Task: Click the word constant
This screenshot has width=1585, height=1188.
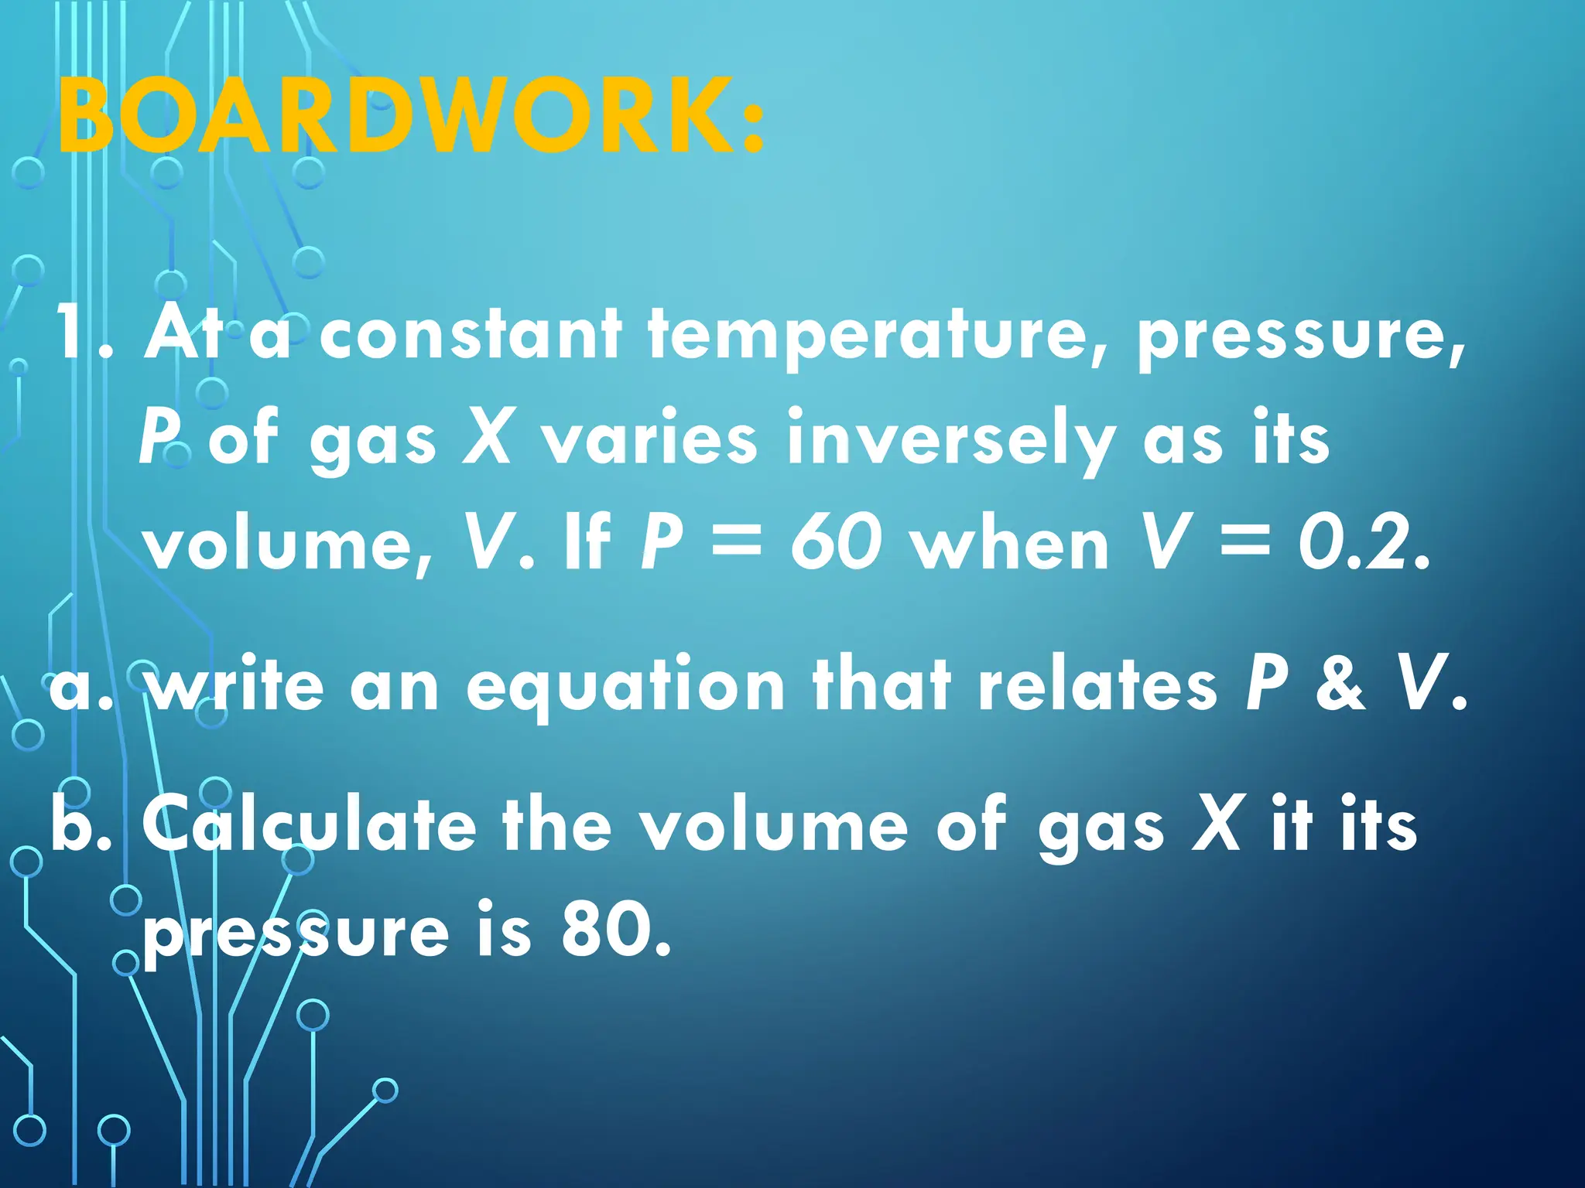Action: pos(471,334)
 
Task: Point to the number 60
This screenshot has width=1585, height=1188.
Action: pos(836,543)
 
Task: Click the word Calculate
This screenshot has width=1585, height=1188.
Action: pos(309,824)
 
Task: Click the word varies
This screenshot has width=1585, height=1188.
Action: pos(649,439)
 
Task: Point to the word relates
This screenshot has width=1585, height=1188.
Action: pos(1097,684)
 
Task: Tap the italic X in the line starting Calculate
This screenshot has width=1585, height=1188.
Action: pos(1217,824)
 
